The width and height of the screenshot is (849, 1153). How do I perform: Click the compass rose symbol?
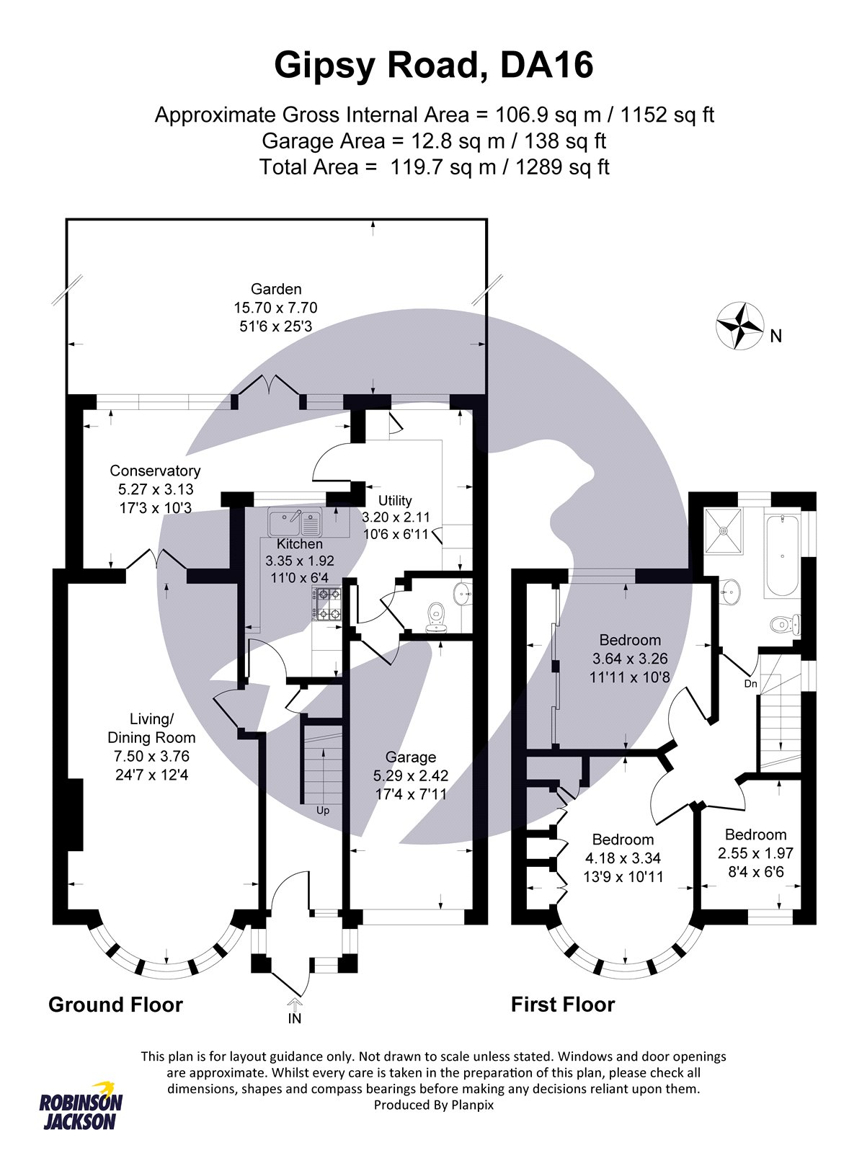click(739, 326)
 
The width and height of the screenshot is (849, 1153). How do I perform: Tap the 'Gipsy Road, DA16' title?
click(433, 66)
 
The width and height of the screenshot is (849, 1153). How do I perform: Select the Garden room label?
click(276, 289)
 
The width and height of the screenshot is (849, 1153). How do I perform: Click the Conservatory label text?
click(155, 471)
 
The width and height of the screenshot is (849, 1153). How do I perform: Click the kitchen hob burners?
click(326, 604)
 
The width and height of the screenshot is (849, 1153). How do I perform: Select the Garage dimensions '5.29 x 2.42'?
click(410, 775)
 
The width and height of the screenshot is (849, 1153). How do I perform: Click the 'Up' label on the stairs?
click(323, 810)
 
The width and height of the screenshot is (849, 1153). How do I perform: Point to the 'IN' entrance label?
click(295, 1018)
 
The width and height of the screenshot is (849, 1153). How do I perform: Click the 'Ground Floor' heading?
click(115, 1005)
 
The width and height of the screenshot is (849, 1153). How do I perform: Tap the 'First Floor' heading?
click(562, 1005)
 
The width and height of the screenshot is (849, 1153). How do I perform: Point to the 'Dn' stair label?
click(750, 683)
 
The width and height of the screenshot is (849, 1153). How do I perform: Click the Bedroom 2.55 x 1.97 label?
click(755, 834)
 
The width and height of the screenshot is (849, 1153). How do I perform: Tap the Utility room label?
click(395, 500)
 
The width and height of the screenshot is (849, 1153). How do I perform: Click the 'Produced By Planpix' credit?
click(433, 1105)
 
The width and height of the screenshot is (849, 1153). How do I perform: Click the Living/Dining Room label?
click(151, 728)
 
